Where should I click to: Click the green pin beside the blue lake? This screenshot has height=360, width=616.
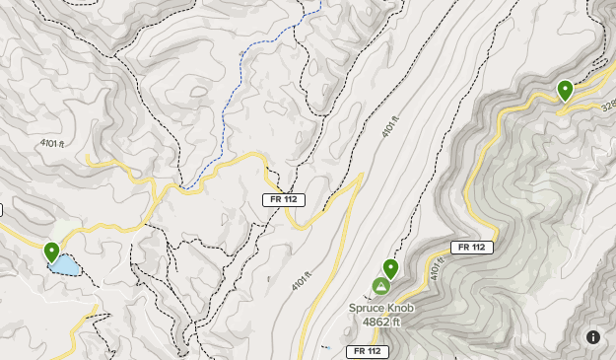(x=51, y=252)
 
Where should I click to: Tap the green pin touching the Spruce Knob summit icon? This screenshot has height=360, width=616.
(x=390, y=267)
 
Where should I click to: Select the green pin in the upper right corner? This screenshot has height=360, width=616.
(x=565, y=90)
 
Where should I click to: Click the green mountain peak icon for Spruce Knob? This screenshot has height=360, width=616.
(x=380, y=287)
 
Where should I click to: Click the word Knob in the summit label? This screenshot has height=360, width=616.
(x=399, y=308)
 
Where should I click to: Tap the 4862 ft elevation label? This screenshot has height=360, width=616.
(x=381, y=322)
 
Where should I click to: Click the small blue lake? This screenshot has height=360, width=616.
(x=64, y=264)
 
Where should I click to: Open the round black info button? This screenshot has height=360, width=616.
(x=593, y=337)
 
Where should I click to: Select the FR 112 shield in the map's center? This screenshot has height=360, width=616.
(x=284, y=199)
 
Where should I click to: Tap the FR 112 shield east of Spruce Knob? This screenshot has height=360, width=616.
(x=471, y=247)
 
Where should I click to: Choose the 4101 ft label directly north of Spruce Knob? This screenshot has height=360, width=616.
(x=390, y=129)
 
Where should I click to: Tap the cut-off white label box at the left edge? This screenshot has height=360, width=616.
(x=2, y=209)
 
